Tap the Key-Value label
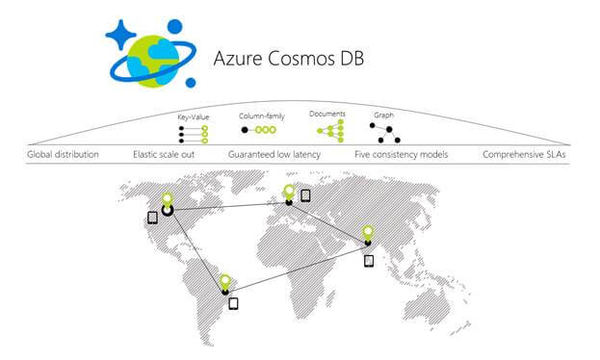click(x=194, y=117)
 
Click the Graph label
click(x=382, y=115)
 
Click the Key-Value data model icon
click(x=193, y=134)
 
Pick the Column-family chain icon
click(x=259, y=129)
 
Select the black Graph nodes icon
click(x=384, y=132)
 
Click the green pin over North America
click(x=167, y=200)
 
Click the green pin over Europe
click(x=288, y=191)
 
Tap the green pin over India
click(x=368, y=232)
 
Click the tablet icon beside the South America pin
click(x=233, y=303)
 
